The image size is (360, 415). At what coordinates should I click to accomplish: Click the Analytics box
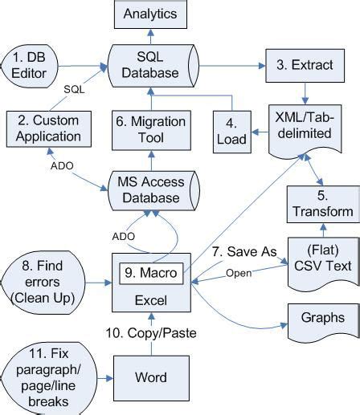pyautogui.click(x=150, y=14)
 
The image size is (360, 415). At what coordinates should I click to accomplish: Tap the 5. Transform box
pyautogui.click(x=321, y=203)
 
